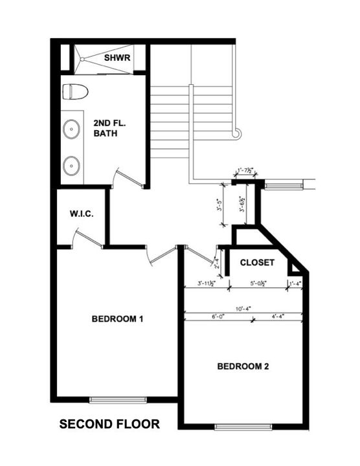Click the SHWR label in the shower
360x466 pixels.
(x=117, y=58)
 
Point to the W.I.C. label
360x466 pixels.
(x=82, y=214)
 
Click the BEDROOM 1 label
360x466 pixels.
(x=117, y=318)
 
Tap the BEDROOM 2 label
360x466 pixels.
(x=243, y=366)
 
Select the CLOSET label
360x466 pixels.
(x=258, y=263)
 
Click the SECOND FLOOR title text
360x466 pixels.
(x=109, y=425)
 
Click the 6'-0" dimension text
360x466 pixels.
(x=218, y=316)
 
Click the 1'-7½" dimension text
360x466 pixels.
(x=245, y=171)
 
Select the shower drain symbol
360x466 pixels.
(x=82, y=57)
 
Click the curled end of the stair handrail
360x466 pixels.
(x=238, y=133)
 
